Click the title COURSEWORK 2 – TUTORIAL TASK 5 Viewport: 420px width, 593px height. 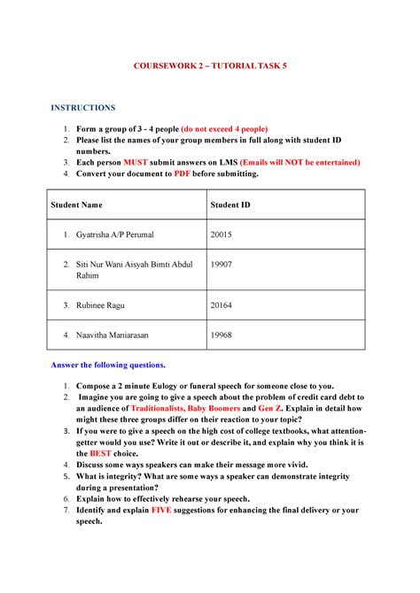coord(209,66)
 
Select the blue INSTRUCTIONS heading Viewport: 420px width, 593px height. coord(82,108)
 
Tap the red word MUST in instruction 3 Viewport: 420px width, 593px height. coord(136,163)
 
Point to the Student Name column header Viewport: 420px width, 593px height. coord(76,204)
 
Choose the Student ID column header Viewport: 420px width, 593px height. coord(229,204)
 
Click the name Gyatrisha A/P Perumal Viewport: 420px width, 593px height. coord(114,235)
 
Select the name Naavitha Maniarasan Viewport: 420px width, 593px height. coord(116,335)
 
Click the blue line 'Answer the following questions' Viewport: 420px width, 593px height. coord(108,365)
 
